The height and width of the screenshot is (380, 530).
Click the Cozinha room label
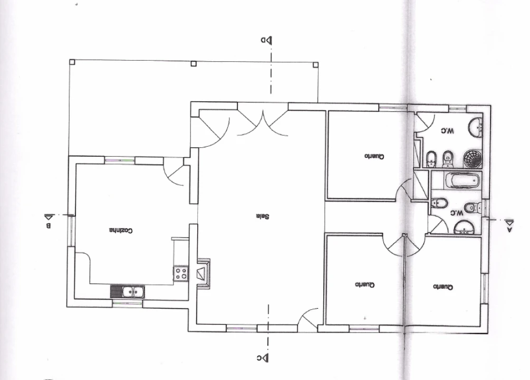pos(121,231)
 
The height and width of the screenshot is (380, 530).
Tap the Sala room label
pos(263,216)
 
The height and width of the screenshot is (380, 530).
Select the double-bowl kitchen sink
pos(128,292)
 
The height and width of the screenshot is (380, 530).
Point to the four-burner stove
pos(181,273)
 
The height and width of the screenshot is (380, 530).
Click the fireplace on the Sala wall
pos(204,274)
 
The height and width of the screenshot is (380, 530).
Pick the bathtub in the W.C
pos(462,180)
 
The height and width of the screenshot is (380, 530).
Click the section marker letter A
pos(510,230)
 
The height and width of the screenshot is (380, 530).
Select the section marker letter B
pos(49,226)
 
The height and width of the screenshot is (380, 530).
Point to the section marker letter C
pos(259,358)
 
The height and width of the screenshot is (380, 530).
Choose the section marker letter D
pos(263,40)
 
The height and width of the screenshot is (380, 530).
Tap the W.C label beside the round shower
pos(447,130)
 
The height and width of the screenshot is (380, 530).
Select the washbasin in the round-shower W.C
pos(476,128)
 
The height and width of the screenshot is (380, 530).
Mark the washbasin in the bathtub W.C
pos(465,227)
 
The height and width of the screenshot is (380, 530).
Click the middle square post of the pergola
pos(194,64)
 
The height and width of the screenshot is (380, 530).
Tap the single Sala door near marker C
pos(309,318)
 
